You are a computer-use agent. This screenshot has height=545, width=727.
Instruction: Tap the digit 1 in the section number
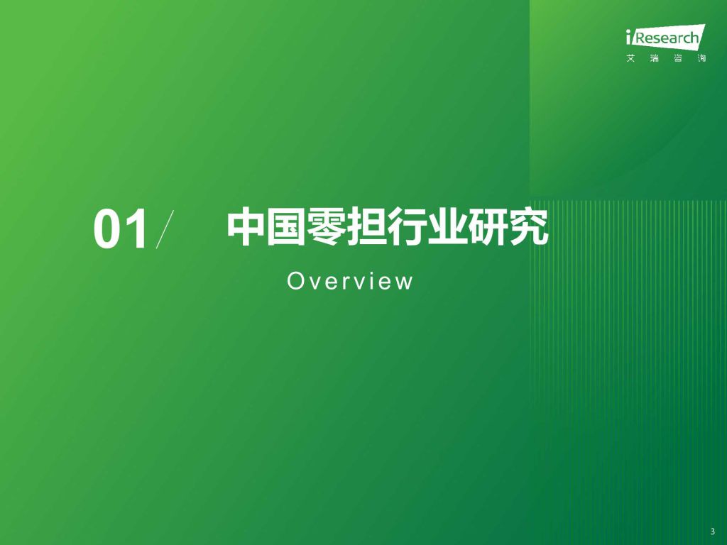pyautogui.click(x=136, y=229)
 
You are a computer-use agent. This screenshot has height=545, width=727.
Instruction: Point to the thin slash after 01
pyautogui.click(x=165, y=229)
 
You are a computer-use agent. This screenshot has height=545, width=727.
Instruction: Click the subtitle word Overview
pyautogui.click(x=350, y=281)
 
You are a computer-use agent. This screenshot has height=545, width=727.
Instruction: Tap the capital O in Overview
pyautogui.click(x=295, y=281)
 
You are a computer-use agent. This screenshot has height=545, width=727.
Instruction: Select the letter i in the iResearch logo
pyautogui.click(x=628, y=37)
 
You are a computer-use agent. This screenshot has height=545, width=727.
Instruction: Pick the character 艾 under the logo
pyautogui.click(x=630, y=58)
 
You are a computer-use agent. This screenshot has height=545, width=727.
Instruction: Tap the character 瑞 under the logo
pyautogui.click(x=654, y=58)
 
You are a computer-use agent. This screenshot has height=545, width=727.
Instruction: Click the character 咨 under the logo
pyautogui.click(x=678, y=58)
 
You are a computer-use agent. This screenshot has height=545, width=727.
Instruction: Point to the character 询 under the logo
pyautogui.click(x=701, y=58)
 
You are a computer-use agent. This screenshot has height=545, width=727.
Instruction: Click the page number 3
pyautogui.click(x=713, y=532)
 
